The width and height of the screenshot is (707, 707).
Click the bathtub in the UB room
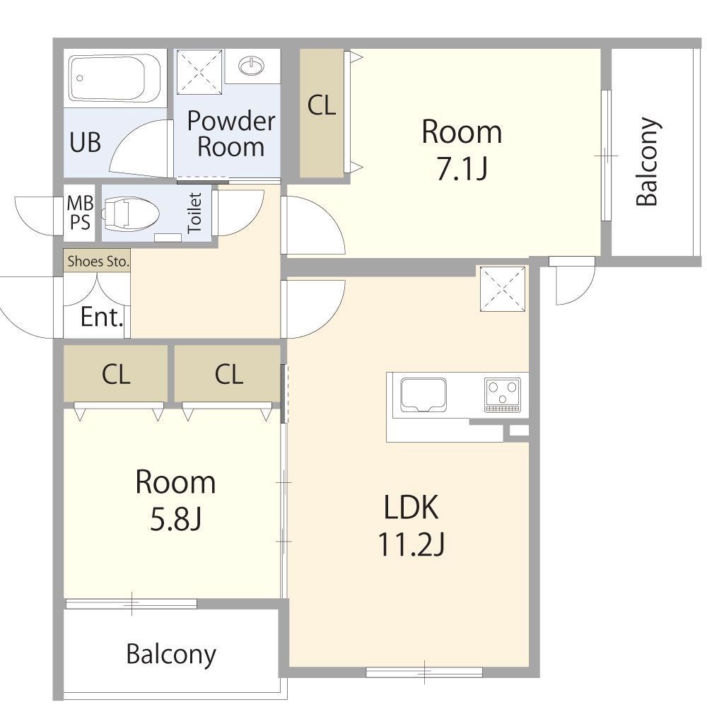114,78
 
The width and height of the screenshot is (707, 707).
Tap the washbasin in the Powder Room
252,66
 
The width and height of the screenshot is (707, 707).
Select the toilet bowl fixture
130,213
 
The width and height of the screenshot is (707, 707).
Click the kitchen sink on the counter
423,395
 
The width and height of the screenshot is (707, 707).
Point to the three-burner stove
502,395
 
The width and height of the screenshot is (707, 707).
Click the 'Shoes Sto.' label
98,261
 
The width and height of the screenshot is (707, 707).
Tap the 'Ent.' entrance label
101,317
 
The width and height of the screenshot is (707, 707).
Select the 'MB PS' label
80,213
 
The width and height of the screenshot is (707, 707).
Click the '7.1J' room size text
462,169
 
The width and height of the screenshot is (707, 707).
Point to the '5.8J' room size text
175,519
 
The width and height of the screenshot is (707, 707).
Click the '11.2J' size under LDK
411,544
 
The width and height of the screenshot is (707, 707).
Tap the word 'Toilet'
194,213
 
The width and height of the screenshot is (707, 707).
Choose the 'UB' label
86,143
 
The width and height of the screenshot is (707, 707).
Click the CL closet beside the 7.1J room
322,112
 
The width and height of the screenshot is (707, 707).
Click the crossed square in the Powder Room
199,72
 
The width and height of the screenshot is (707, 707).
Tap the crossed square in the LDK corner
502,288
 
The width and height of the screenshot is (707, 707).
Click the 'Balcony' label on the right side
648,162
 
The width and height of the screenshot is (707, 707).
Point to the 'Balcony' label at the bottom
171,655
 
